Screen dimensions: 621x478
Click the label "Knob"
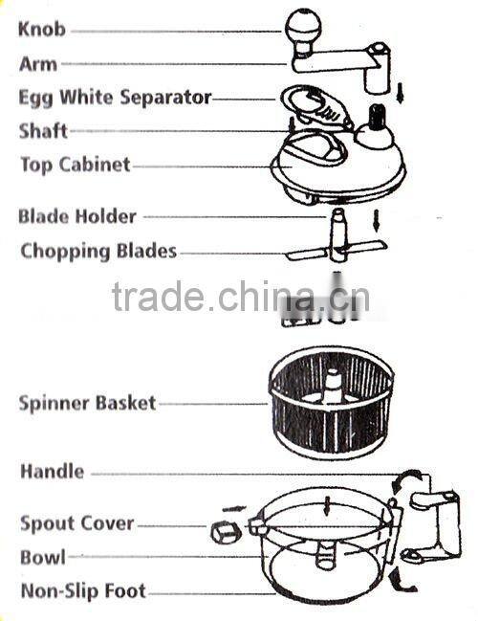42,30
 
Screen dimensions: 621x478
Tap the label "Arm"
38,65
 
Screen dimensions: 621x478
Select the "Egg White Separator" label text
115,98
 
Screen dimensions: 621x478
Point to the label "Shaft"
43,131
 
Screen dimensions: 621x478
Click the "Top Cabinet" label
76,165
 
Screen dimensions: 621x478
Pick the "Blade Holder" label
77,216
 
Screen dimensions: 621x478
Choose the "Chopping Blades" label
98,252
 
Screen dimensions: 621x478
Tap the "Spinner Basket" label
87,403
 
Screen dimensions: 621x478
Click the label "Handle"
52,472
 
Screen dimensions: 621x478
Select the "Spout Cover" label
77,523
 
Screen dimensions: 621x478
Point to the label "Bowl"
43,557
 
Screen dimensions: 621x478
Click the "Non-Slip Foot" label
83,590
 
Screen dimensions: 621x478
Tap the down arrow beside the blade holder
379,220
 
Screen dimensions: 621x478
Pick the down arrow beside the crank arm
401,92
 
